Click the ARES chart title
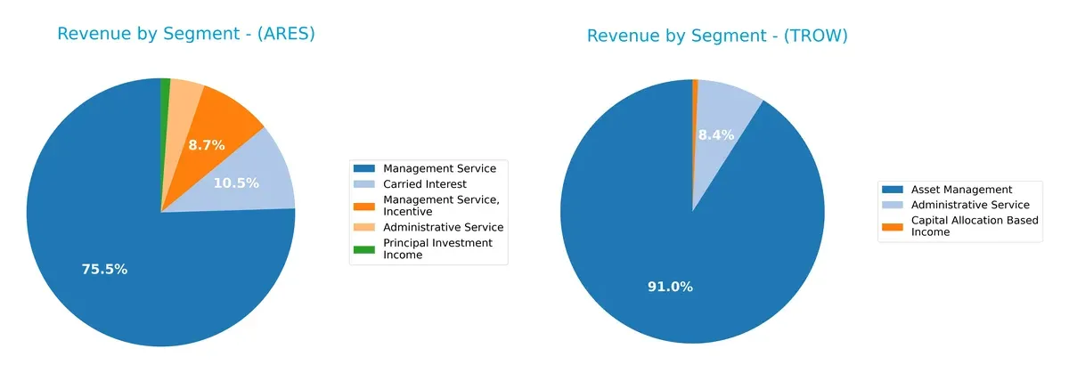coord(186,34)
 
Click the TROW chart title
coord(716,36)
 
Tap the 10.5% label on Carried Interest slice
coord(236,183)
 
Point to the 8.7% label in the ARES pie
coord(206,145)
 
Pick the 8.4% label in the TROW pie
coord(715,135)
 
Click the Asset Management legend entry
coord(959,189)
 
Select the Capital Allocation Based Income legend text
coord(974,226)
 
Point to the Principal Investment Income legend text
coord(437,248)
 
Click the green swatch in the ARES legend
coord(363,248)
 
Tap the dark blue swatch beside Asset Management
coord(891,190)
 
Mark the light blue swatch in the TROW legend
coord(891,205)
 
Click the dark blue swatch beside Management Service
coord(363,167)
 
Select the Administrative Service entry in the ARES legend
coord(443,227)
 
